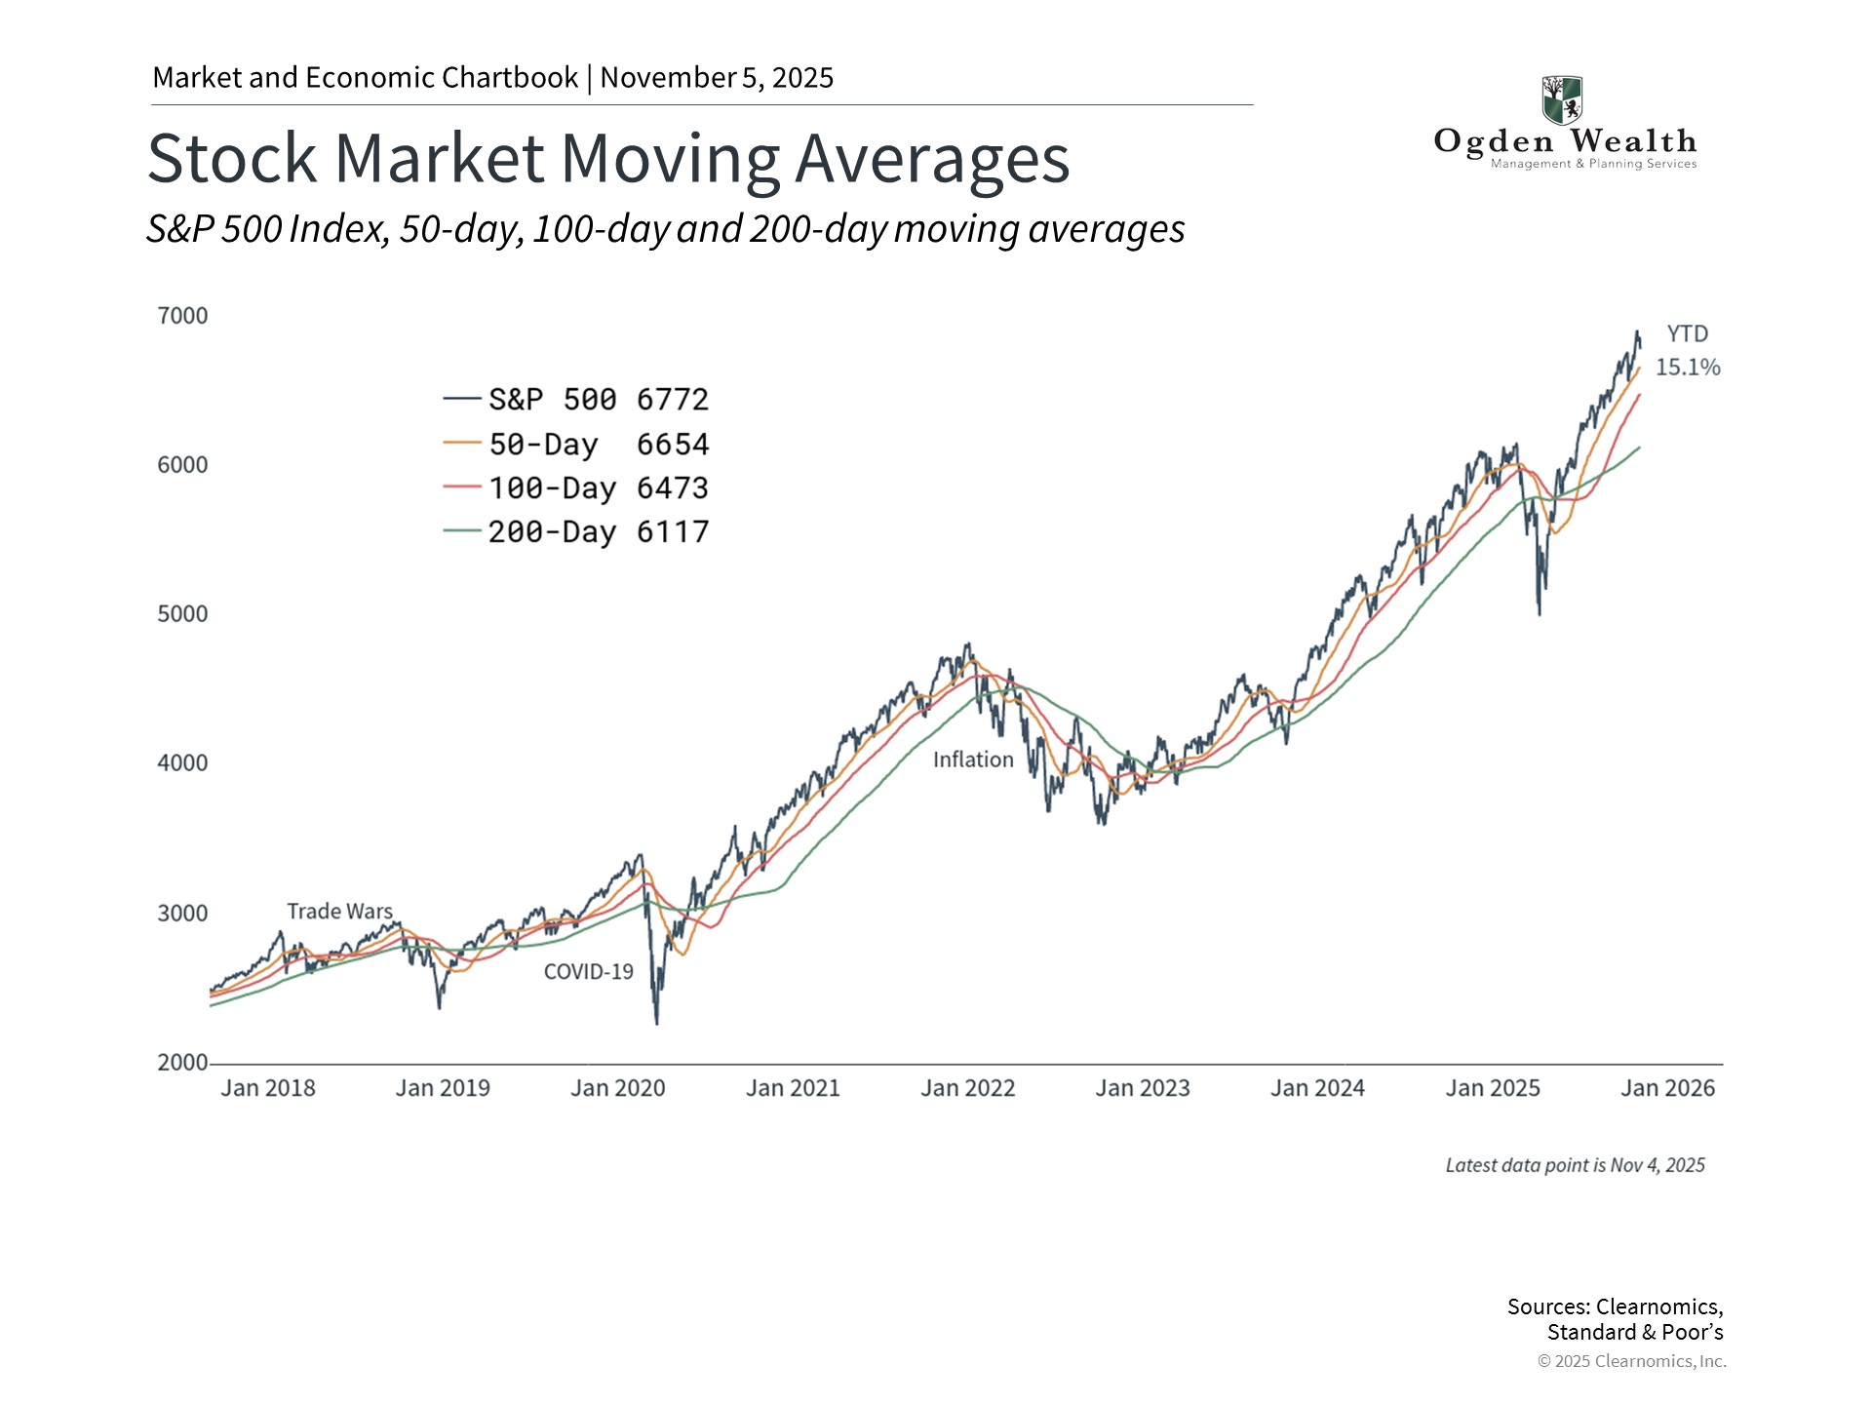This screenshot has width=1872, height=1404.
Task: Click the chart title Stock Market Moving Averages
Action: [608, 159]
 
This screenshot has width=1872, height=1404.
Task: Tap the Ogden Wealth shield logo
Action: [1562, 99]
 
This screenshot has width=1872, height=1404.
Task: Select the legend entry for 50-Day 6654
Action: [575, 445]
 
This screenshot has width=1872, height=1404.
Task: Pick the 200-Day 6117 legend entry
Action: [575, 532]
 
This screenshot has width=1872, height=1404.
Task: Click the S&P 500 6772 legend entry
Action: [575, 400]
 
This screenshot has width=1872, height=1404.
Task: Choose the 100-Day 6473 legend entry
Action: [575, 488]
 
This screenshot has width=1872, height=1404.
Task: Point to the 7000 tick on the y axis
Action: [182, 316]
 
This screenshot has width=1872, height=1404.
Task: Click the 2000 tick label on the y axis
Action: [182, 1063]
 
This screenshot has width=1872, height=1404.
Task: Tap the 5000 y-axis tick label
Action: [182, 614]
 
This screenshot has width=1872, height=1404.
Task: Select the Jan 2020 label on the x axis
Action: [617, 1088]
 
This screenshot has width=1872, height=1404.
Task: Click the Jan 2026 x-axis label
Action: [1667, 1088]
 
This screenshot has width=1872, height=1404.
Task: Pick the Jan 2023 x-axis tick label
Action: [1143, 1088]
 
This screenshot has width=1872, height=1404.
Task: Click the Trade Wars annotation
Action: [339, 912]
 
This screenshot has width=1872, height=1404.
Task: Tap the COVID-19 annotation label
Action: [588, 972]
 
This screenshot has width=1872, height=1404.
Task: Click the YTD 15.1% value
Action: [1688, 368]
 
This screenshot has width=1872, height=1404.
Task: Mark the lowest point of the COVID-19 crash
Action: [656, 1023]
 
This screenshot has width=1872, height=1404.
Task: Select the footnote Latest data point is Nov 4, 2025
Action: [1575, 1166]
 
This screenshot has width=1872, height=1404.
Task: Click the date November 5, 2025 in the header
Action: [717, 78]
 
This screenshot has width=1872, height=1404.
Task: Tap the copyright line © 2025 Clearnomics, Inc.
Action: [1631, 1361]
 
